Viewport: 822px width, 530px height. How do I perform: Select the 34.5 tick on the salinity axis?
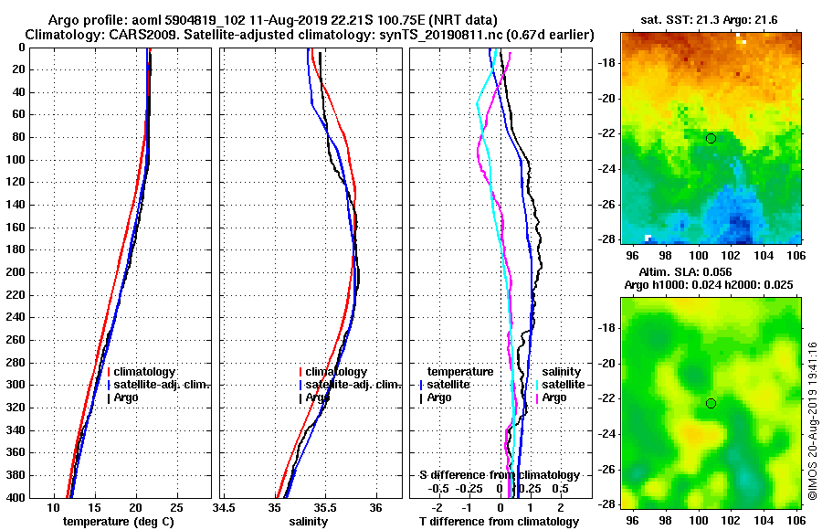223,507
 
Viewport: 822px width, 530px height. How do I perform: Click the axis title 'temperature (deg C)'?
118,521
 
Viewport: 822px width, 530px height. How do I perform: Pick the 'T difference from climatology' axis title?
498,521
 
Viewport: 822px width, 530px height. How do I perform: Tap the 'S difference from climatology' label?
500,475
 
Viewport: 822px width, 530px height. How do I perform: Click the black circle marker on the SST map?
711,138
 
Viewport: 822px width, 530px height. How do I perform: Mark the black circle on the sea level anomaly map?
711,403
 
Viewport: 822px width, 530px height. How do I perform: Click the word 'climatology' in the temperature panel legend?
146,372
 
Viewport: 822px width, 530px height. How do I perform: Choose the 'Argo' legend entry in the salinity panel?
317,397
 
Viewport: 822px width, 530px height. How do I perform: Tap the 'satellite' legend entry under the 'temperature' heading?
449,385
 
